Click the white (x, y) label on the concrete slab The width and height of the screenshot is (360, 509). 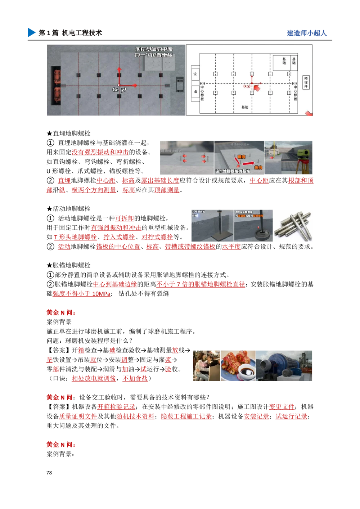(119, 89)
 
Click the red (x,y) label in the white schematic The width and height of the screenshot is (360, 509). (247, 86)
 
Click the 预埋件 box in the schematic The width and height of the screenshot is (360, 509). (306, 82)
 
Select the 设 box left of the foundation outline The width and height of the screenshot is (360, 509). (195, 74)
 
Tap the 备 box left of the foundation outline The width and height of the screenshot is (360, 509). (195, 92)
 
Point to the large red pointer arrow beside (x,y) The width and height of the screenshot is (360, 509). (258, 87)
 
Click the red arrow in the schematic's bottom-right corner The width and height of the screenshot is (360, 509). (309, 114)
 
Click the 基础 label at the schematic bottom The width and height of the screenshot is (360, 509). (245, 107)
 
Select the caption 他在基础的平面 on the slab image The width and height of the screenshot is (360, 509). (154, 49)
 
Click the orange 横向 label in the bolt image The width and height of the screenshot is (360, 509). (242, 157)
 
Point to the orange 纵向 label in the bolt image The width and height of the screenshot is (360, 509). (258, 167)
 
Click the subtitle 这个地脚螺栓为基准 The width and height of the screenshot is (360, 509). (232, 171)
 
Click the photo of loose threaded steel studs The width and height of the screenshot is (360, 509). (293, 225)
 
